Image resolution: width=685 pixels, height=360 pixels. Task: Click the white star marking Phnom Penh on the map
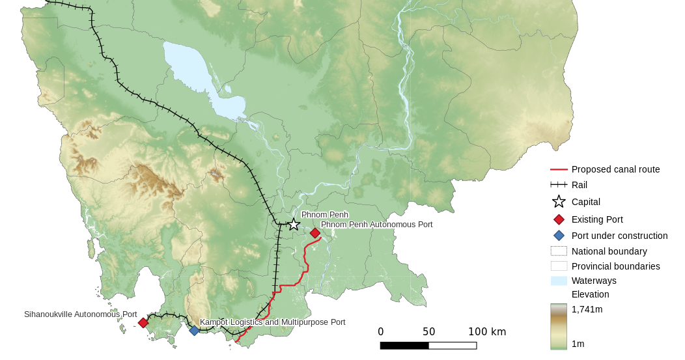click(x=294, y=225)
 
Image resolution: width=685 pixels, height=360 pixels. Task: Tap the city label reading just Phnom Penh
click(x=324, y=215)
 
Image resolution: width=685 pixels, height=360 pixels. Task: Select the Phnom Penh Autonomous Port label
click(x=377, y=225)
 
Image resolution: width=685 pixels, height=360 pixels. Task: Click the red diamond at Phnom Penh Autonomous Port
click(x=315, y=233)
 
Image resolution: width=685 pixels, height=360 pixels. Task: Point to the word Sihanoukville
click(x=49, y=314)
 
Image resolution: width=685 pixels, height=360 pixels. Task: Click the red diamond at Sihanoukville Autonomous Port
click(x=143, y=322)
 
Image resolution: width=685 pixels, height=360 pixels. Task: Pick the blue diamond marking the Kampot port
click(x=194, y=331)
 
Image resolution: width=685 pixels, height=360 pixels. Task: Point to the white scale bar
click(x=453, y=346)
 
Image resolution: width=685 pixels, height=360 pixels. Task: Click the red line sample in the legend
click(x=559, y=169)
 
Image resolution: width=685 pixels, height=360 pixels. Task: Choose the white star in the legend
click(x=559, y=202)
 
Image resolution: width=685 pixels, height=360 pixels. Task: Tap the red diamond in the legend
click(x=559, y=219)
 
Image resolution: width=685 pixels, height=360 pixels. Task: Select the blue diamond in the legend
click(x=559, y=235)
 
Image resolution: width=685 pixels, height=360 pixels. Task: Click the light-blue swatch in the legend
click(x=559, y=281)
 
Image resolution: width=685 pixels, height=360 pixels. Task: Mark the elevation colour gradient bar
click(x=559, y=326)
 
